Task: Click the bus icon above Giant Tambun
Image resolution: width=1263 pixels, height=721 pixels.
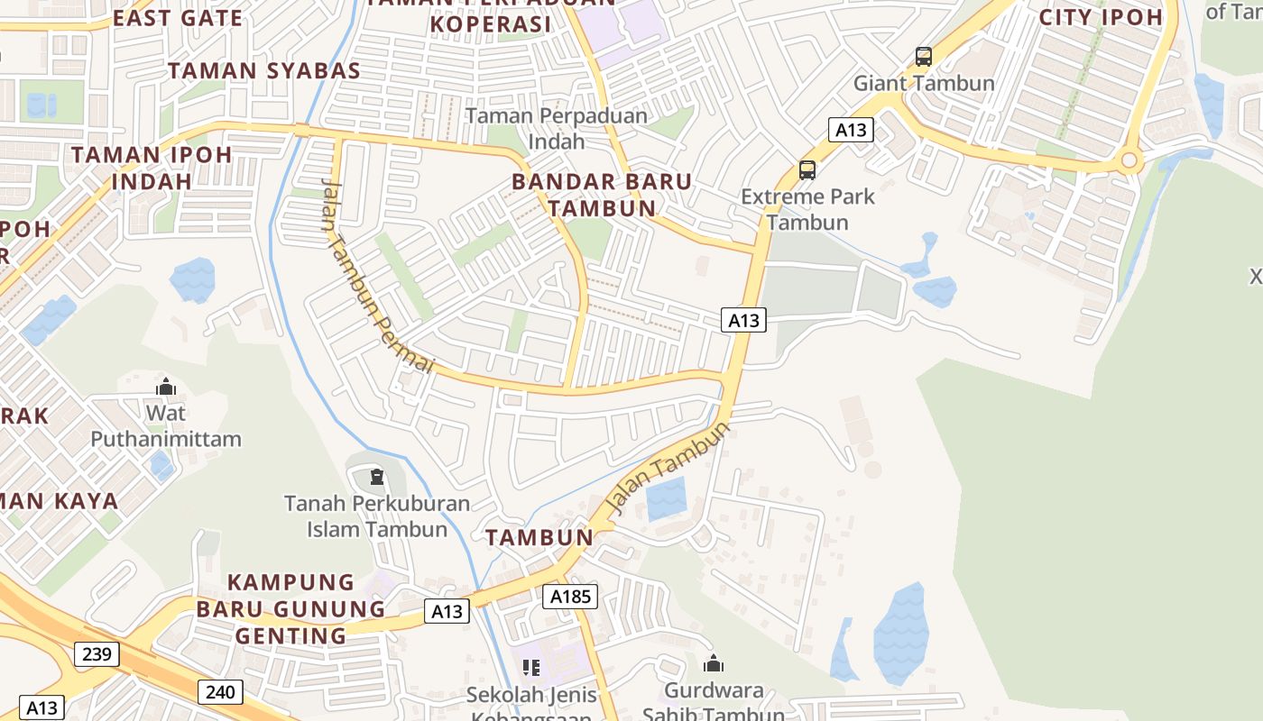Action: pyautogui.click(x=923, y=57)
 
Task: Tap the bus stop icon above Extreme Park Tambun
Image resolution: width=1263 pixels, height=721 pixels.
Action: pyautogui.click(x=807, y=170)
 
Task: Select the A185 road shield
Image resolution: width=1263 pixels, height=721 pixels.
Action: pyautogui.click(x=570, y=596)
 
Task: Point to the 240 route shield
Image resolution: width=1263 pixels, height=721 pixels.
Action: pyautogui.click(x=220, y=692)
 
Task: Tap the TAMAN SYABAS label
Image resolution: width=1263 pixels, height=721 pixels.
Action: pyautogui.click(x=263, y=70)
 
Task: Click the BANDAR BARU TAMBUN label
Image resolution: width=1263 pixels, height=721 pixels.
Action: pyautogui.click(x=602, y=195)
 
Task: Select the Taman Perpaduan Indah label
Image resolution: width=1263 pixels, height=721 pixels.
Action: pyautogui.click(x=557, y=129)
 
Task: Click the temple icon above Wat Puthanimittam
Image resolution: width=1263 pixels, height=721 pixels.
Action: pyautogui.click(x=166, y=388)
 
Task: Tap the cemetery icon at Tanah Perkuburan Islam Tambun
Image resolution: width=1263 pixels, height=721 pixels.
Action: pyautogui.click(x=377, y=476)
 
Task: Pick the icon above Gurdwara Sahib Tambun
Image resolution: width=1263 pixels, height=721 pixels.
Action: pyautogui.click(x=714, y=664)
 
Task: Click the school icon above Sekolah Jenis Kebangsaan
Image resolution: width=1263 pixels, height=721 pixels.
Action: pyautogui.click(x=531, y=668)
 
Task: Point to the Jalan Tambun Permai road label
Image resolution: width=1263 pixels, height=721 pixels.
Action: pyautogui.click(x=376, y=275)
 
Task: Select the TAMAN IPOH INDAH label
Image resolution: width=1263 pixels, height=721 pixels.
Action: pyautogui.click(x=152, y=167)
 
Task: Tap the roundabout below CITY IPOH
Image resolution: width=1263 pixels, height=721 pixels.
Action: pyautogui.click(x=1129, y=162)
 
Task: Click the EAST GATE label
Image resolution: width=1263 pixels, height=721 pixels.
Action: pyautogui.click(x=178, y=18)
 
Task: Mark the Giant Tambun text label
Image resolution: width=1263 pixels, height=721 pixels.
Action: pyautogui.click(x=924, y=83)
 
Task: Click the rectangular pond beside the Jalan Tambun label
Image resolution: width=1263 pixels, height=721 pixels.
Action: pyautogui.click(x=667, y=498)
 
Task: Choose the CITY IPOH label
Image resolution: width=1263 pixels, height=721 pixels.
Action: pyautogui.click(x=1101, y=17)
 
